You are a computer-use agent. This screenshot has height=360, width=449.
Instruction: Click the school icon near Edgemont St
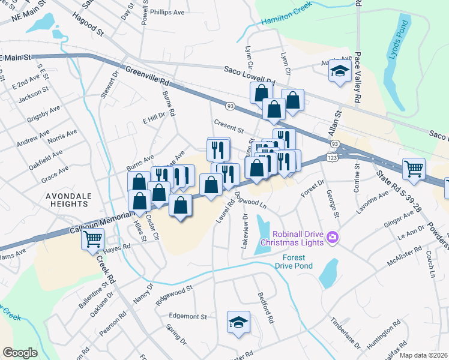pyautogui.click(x=238, y=322)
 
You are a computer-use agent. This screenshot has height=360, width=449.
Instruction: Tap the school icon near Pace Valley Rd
pyautogui.click(x=340, y=72)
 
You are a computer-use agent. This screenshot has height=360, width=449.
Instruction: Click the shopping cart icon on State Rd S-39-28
pyautogui.click(x=414, y=169)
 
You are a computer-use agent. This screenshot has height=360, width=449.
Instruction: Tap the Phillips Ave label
pyautogui.click(x=167, y=12)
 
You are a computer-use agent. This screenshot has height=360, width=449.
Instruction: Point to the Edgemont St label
pyautogui.click(x=188, y=316)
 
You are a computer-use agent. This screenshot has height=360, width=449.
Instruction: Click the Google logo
pyautogui.click(x=20, y=353)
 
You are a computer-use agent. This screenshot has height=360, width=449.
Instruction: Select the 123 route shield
pyautogui.click(x=331, y=157)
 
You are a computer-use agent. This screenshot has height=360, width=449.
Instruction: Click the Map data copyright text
pyautogui.click(x=423, y=355)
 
